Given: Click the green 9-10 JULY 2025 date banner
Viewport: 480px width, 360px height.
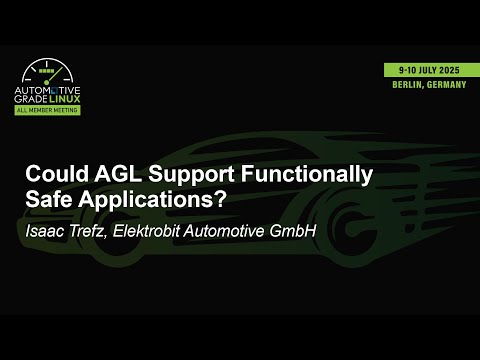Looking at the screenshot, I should click(429, 71).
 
